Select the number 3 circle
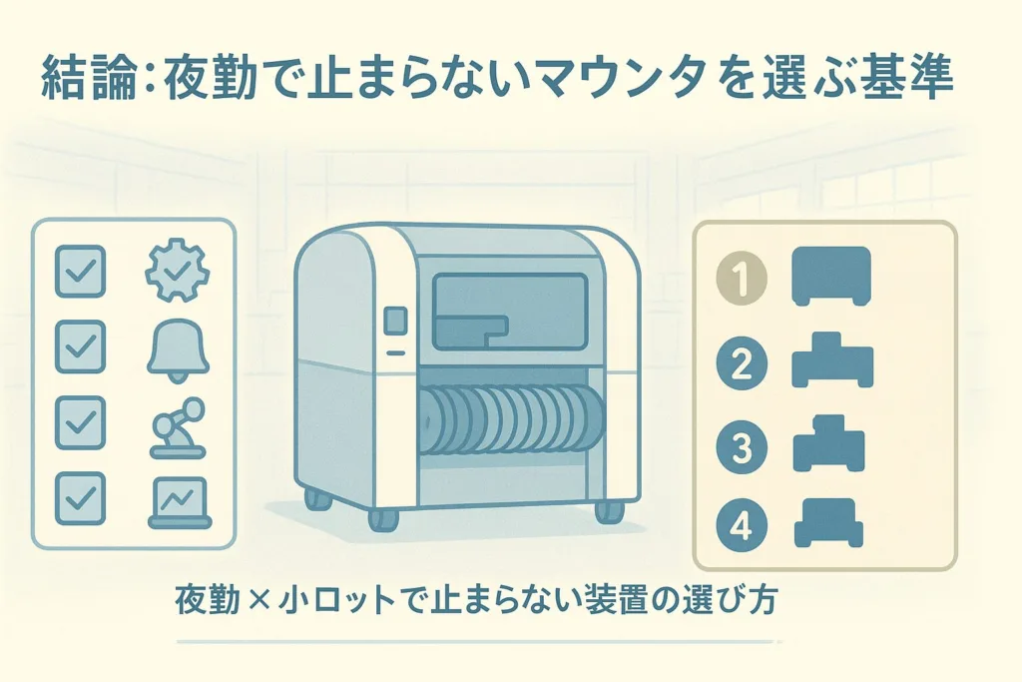pyautogui.click(x=742, y=445)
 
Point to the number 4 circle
pyautogui.click(x=742, y=526)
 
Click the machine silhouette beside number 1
pyautogui.click(x=832, y=276)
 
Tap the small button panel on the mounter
pyautogui.click(x=395, y=322)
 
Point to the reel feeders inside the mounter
pyautogui.click(x=509, y=419)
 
